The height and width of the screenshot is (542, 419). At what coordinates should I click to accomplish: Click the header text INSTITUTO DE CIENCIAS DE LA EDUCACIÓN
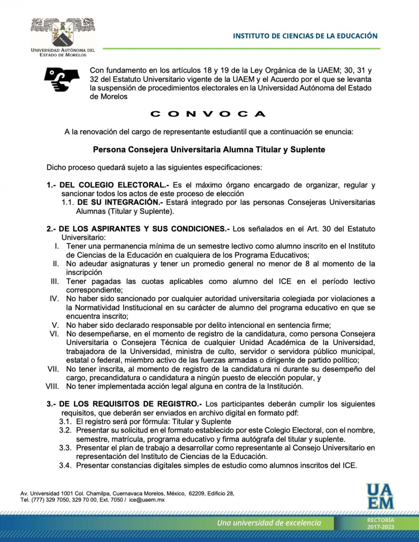click(x=305, y=36)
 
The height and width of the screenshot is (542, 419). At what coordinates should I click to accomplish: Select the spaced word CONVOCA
click(x=208, y=114)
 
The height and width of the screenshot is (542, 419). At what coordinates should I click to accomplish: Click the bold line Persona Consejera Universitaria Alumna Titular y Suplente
click(x=209, y=150)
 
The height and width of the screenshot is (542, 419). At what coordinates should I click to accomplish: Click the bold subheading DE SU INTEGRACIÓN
click(x=120, y=202)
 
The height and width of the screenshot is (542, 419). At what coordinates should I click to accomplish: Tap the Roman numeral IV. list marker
click(x=54, y=299)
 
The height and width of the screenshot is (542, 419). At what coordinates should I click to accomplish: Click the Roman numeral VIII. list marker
click(x=52, y=386)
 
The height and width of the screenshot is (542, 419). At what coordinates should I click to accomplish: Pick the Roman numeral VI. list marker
click(x=54, y=334)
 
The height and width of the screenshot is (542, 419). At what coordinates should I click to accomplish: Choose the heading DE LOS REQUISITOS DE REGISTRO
click(x=130, y=404)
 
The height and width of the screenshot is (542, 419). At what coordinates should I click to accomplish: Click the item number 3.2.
click(x=65, y=430)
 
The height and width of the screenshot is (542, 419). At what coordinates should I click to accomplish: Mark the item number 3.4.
click(x=65, y=466)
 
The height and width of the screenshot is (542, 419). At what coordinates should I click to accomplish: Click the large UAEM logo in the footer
click(x=380, y=496)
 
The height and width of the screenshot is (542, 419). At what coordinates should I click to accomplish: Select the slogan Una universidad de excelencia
click(x=269, y=523)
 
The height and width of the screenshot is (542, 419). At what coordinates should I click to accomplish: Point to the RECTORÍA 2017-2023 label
click(x=380, y=523)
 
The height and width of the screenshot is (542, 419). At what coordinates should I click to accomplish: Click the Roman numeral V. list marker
click(x=55, y=325)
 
